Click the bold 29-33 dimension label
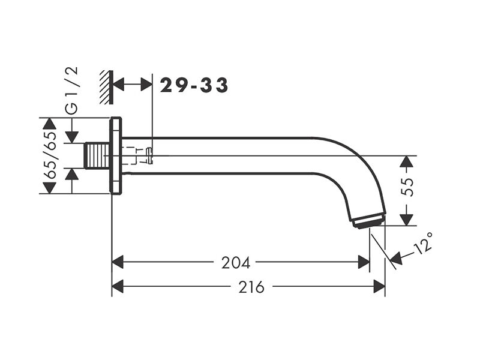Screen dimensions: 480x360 click(x=194, y=85)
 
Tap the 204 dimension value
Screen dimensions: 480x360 click(x=236, y=263)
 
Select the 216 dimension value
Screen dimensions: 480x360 click(x=251, y=287)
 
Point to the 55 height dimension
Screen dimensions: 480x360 click(x=407, y=187)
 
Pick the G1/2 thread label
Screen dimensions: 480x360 click(x=72, y=91)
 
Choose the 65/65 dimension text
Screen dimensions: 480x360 click(x=50, y=155)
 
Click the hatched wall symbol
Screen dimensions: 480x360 click(x=107, y=87)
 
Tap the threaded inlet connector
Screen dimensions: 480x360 click(x=97, y=155)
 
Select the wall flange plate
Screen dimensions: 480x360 click(x=116, y=155)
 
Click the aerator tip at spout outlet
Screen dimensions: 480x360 click(x=369, y=221)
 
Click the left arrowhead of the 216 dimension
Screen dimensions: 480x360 click(x=117, y=287)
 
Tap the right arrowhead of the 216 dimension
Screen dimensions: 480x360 click(x=379, y=287)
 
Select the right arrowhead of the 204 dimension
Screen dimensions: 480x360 click(x=364, y=263)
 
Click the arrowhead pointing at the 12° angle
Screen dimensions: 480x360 click(x=396, y=258)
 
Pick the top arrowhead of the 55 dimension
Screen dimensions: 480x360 click(x=407, y=161)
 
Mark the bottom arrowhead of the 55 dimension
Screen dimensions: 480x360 click(x=407, y=220)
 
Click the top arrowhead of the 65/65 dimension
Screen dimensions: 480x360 click(x=50, y=123)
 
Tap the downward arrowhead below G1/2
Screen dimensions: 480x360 click(x=72, y=137)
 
